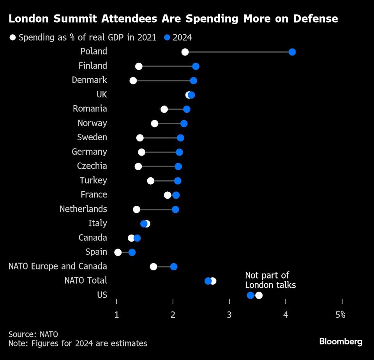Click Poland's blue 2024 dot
click(x=292, y=52)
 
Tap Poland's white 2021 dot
click(x=185, y=52)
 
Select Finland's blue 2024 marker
click(x=196, y=66)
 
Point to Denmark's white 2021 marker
click(x=133, y=81)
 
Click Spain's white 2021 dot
click(x=118, y=252)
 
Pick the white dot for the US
click(x=259, y=295)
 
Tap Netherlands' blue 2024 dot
click(x=175, y=210)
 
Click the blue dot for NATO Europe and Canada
click(x=174, y=267)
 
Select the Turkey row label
click(x=93, y=180)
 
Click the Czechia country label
click(x=92, y=166)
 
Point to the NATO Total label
click(x=86, y=281)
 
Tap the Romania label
click(x=90, y=109)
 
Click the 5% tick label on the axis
click(x=340, y=315)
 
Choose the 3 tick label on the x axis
click(x=229, y=315)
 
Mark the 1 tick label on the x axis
click(x=116, y=315)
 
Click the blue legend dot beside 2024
click(x=167, y=38)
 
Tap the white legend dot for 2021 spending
click(x=13, y=38)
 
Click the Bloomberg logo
click(x=340, y=342)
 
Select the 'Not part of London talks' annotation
click(x=270, y=281)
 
